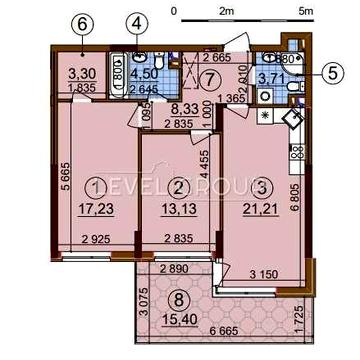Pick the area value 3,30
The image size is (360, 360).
coord(81,72)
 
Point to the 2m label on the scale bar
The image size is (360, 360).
coord(226,10)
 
